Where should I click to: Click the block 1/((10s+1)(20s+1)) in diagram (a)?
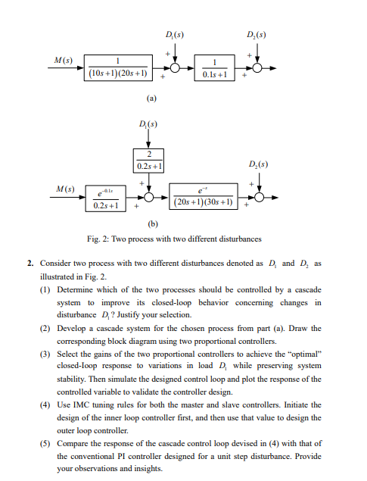(120, 66)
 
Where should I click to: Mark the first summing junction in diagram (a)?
(174, 67)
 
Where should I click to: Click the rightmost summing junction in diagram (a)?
(259, 67)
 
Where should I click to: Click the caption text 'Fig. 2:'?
(98, 239)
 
